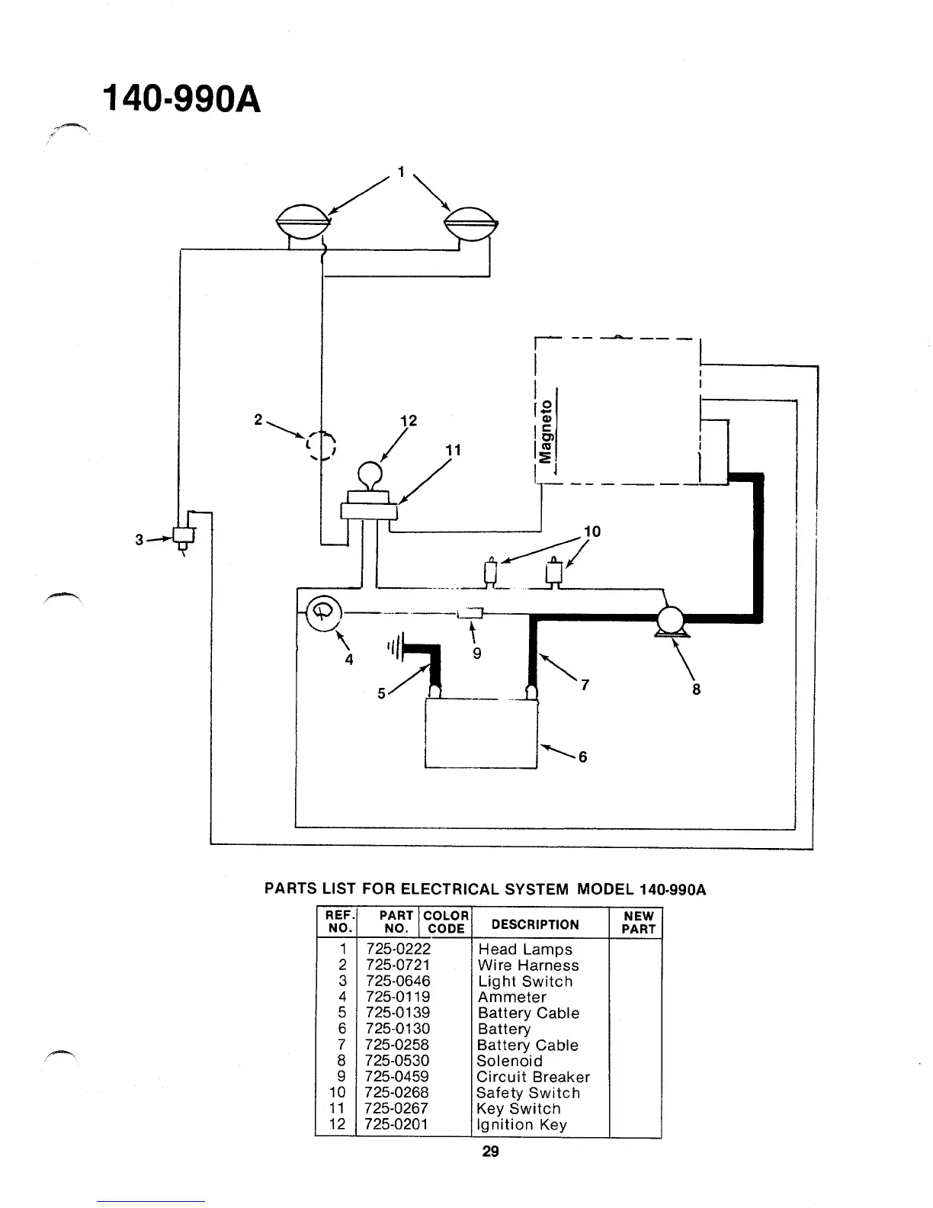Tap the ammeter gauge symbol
point(321,612)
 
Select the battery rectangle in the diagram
point(481,733)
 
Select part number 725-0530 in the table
point(397,1061)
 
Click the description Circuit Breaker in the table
point(533,1077)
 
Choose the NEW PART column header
point(638,923)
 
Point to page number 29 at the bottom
point(490,1152)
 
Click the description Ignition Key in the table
point(521,1125)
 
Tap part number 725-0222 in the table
point(398,949)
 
